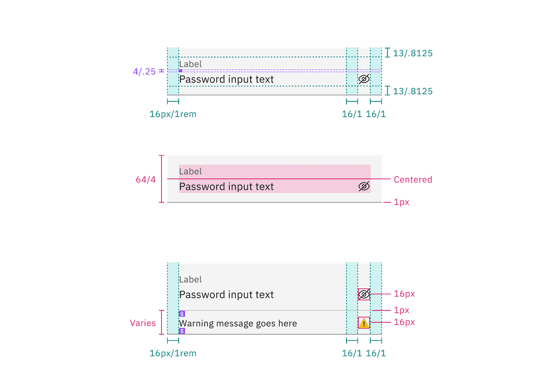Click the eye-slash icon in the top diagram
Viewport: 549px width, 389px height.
(364, 79)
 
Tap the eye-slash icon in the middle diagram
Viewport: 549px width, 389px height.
(364, 187)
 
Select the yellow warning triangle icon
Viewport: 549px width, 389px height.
(364, 323)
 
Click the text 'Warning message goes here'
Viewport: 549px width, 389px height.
(238, 324)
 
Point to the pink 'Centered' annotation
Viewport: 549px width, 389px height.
(413, 180)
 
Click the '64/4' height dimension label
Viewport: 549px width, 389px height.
(146, 180)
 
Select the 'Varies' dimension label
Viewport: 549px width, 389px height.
(143, 323)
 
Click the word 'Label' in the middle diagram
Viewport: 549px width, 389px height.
(191, 171)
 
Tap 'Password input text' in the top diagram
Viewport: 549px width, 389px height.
(226, 80)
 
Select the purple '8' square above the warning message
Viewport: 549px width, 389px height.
(182, 314)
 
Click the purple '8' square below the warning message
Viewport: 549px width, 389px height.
(182, 331)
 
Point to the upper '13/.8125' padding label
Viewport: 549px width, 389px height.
(413, 53)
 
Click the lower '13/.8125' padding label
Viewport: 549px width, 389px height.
(413, 91)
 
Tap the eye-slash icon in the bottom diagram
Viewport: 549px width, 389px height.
(364, 295)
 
